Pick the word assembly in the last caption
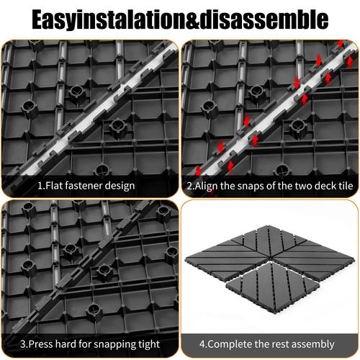(x=316, y=343)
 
